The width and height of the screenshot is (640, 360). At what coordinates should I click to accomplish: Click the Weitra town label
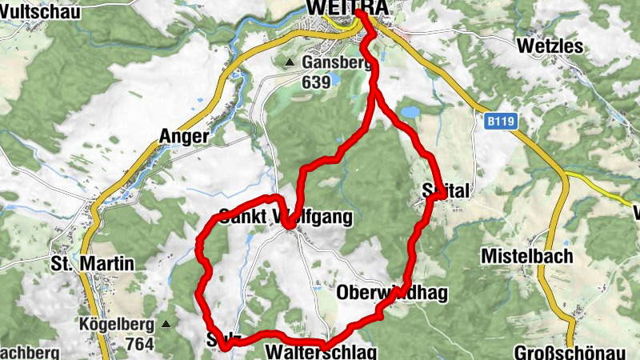point(347,7)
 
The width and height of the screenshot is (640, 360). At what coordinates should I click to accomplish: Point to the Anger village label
point(184,136)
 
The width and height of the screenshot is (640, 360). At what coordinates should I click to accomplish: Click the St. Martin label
point(82,263)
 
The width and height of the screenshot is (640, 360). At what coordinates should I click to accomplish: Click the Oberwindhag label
point(392,293)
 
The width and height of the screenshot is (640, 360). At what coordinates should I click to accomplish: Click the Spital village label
point(447,190)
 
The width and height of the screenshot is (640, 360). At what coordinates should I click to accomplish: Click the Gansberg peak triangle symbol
point(289,62)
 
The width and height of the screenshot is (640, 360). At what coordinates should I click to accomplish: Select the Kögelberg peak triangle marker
point(166,325)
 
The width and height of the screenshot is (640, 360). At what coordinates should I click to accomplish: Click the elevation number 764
point(140,343)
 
